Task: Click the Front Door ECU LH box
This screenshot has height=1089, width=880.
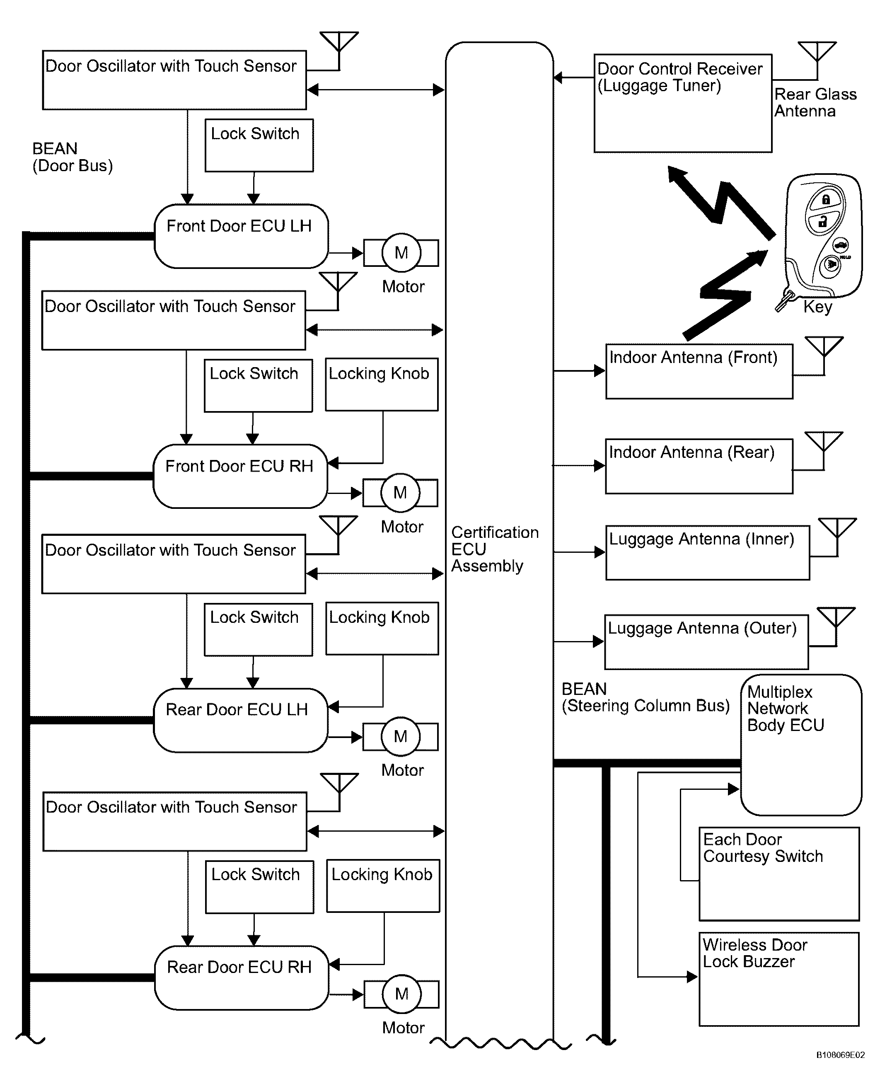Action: pos(241,236)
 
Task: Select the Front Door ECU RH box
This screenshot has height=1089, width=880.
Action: pos(240,476)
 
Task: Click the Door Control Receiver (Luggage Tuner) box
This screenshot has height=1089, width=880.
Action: pos(683,104)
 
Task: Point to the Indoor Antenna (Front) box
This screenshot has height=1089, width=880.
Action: pos(699,372)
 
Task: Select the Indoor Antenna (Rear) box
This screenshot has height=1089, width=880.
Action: pos(699,467)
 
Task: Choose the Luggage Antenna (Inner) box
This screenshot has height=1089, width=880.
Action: pos(708,553)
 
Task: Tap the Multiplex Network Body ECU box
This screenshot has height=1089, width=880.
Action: pos(801,745)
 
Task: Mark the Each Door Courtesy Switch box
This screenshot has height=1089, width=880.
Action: pos(779,874)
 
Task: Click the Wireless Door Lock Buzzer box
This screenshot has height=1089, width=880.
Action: pos(779,979)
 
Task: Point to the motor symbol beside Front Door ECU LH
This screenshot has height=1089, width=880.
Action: pos(401,252)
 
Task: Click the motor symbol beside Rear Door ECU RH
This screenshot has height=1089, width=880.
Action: pos(401,994)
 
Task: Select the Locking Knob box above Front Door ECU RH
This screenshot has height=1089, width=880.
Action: pos(382,384)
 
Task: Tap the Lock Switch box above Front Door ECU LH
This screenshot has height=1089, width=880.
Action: pos(259,145)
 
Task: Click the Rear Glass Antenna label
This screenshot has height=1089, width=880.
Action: pos(815,102)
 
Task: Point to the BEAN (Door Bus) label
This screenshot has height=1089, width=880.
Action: pos(73,157)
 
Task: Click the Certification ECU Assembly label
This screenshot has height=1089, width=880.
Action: pos(495,549)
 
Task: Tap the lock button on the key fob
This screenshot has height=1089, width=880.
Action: pos(826,200)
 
